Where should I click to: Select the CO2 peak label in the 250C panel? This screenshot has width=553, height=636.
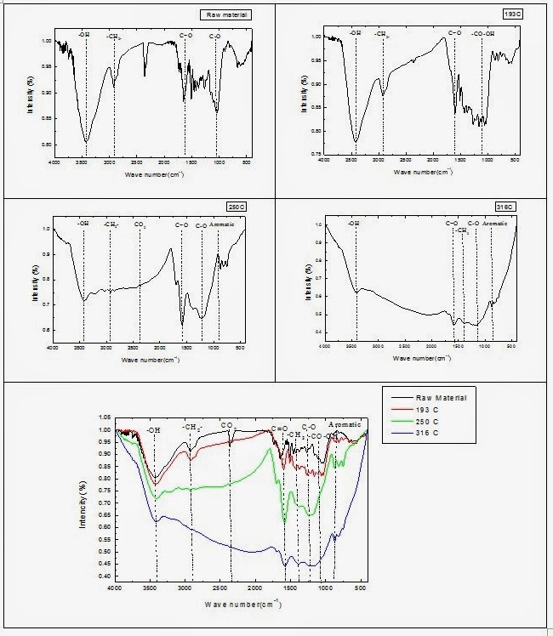point(140,224)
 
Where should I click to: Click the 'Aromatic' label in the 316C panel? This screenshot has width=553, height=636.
point(495,224)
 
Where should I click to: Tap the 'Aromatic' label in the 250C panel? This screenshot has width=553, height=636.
point(221,224)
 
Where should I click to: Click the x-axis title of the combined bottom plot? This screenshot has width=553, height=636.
point(243,604)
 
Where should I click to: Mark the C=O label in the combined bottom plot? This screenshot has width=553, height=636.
point(280,429)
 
